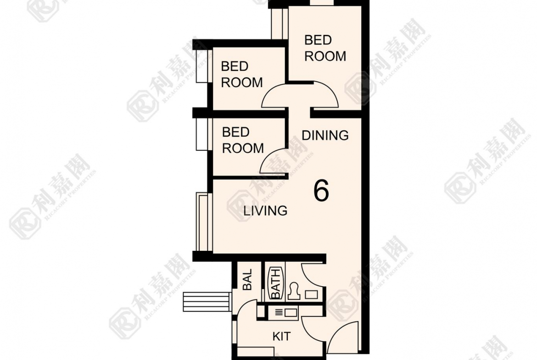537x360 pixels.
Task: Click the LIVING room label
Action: point(265,211)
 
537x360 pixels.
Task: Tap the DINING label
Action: point(325,135)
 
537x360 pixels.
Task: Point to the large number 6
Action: point(321,191)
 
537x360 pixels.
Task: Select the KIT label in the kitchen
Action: point(281,337)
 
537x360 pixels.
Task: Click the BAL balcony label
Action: point(247,279)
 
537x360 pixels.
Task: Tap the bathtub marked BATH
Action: point(276,283)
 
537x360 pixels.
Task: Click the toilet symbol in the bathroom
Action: point(294,291)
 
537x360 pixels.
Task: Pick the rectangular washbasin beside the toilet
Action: point(311,294)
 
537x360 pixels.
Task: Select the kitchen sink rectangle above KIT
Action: point(291,312)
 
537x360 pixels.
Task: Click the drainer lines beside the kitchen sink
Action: point(279,312)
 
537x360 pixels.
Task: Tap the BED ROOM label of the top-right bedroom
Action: point(325,48)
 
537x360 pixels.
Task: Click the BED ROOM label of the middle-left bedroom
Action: point(242,74)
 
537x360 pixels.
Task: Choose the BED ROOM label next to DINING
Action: point(243,140)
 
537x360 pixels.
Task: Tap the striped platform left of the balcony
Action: point(206,301)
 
